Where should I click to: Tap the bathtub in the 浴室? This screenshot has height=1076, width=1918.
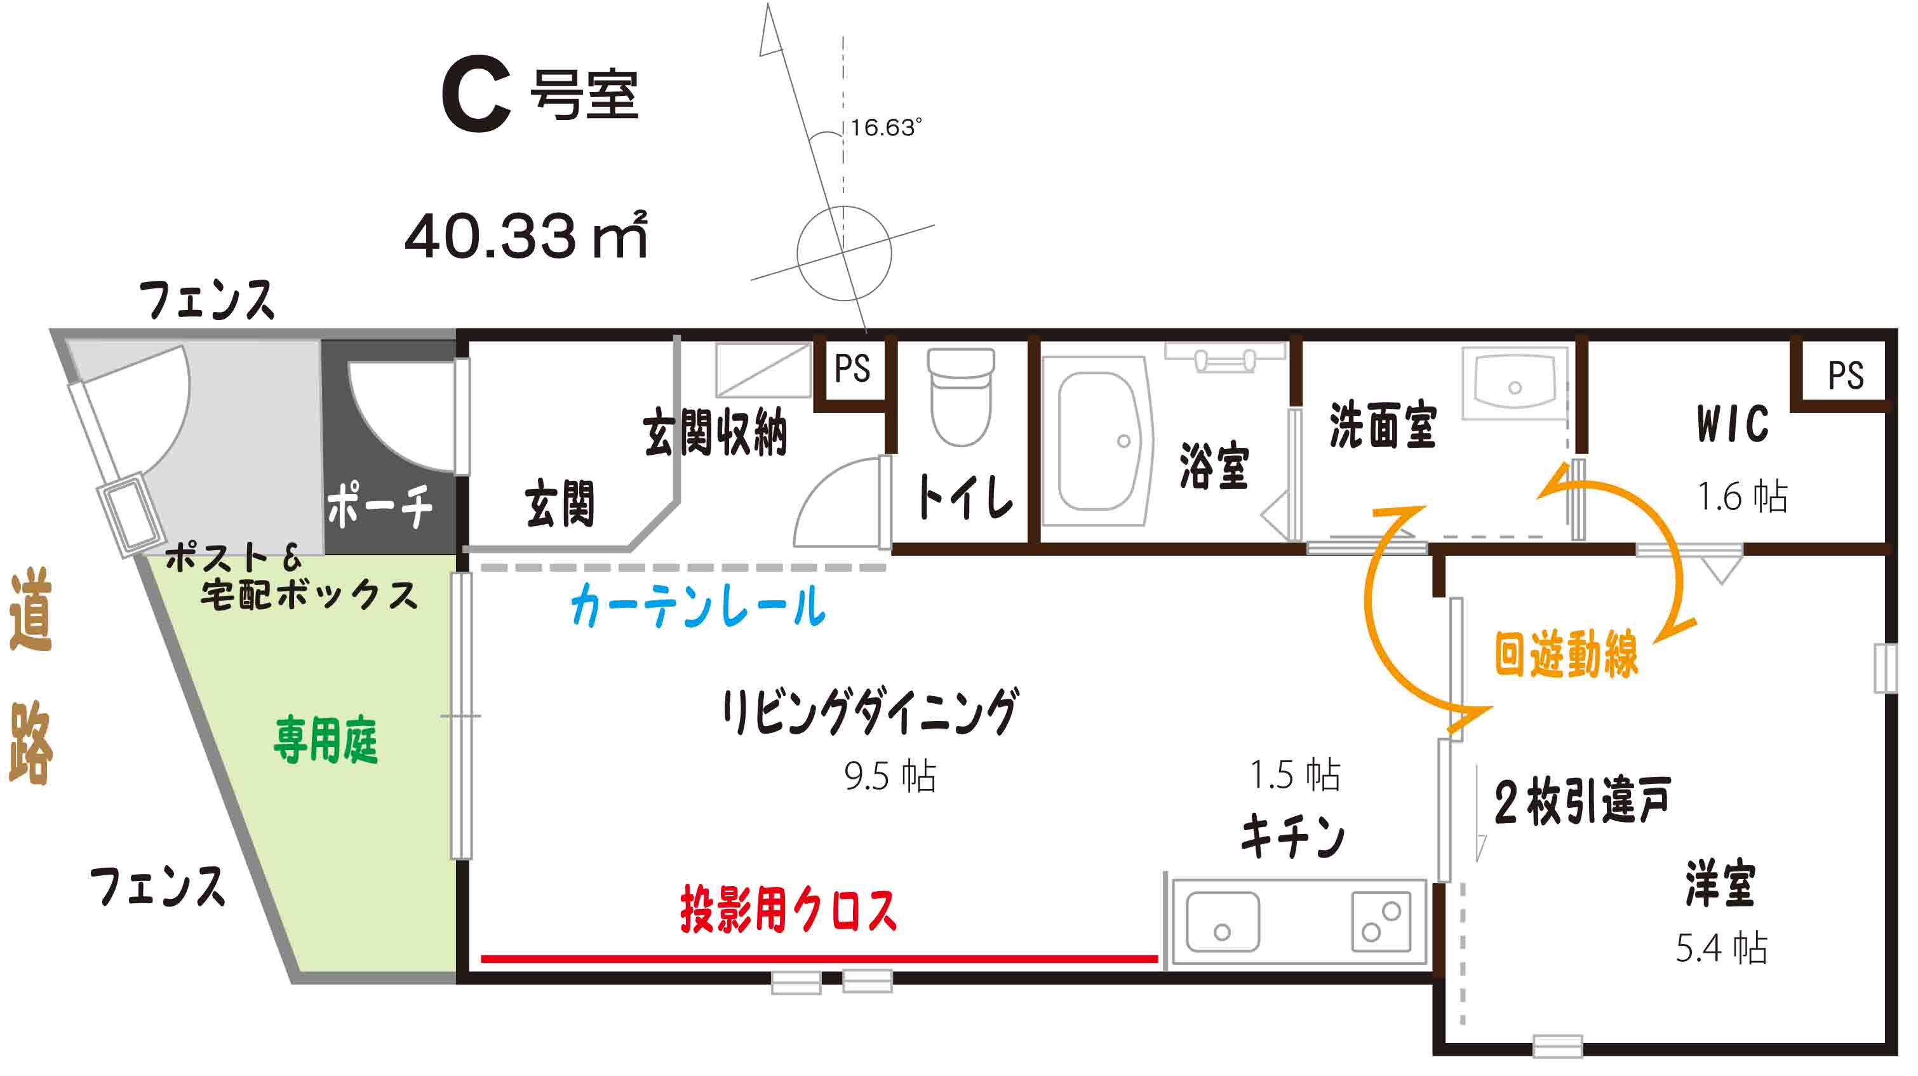point(1097,441)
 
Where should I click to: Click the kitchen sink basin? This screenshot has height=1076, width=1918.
point(1223,922)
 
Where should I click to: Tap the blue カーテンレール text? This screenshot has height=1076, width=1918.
point(699,605)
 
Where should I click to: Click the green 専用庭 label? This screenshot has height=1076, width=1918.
point(326,739)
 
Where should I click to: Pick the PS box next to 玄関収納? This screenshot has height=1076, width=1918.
point(852,368)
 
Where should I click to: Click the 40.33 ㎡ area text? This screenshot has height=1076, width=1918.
point(526,235)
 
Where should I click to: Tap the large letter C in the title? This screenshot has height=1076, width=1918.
point(476,95)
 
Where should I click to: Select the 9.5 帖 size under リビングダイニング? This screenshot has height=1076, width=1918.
point(890,775)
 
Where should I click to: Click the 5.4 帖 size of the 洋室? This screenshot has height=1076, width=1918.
point(1720,947)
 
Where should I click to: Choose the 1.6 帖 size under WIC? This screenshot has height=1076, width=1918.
point(1742,496)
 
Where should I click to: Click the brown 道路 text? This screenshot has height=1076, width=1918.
point(30,676)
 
